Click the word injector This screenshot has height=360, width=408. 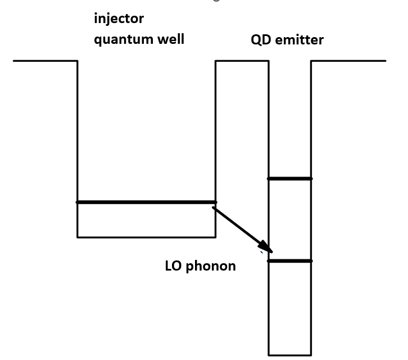[119, 19]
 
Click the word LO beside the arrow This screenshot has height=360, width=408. [173, 266]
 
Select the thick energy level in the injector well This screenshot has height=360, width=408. [146, 202]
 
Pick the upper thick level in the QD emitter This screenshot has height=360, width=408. [289, 179]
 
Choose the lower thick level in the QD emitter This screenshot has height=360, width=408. [289, 261]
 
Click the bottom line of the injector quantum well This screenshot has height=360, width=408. [146, 237]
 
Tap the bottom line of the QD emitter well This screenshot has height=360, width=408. [289, 355]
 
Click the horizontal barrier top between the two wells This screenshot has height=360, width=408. [242, 61]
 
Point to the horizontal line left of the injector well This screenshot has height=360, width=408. [45, 61]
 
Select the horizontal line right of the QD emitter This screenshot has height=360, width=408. [348, 61]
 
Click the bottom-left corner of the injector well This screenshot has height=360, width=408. [78, 237]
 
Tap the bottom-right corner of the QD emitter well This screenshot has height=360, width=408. [311, 355]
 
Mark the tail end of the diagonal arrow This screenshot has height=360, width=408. [214, 208]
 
